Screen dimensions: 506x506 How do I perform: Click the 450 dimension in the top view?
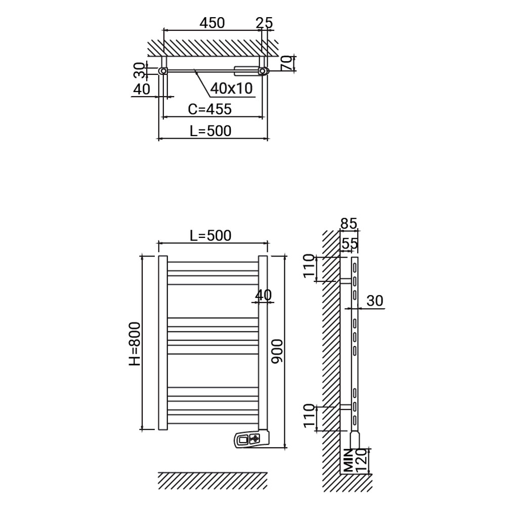pos(212,23)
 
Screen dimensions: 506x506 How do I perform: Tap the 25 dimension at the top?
pos(264,23)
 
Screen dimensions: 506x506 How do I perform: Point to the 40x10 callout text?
pos(231,88)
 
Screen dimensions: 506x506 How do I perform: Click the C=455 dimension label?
pos(210,109)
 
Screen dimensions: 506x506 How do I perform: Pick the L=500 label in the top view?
pos(210,131)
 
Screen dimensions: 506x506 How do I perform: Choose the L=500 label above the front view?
pos(210,236)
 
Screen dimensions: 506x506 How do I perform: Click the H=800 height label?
pos(135,344)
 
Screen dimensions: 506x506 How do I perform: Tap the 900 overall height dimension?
pos(277,351)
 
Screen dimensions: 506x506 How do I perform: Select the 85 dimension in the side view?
pos(349,223)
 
